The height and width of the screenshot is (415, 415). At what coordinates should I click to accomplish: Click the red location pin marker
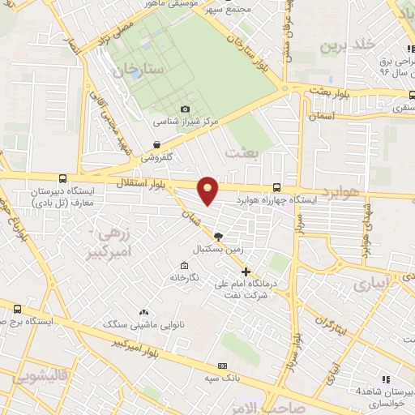[209, 189]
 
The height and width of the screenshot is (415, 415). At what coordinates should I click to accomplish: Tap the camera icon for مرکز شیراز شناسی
[185, 109]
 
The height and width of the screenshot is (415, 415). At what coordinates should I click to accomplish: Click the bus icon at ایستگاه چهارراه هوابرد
[278, 186]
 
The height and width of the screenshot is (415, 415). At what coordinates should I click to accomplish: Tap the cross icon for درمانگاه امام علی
[246, 272]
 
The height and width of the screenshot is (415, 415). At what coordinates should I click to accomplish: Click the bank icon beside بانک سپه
[223, 366]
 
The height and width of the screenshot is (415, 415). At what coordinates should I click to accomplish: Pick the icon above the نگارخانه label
[184, 266]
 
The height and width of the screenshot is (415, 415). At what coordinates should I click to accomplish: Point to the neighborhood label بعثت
[241, 152]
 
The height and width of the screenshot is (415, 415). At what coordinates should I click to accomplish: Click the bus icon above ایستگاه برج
[18, 309]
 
